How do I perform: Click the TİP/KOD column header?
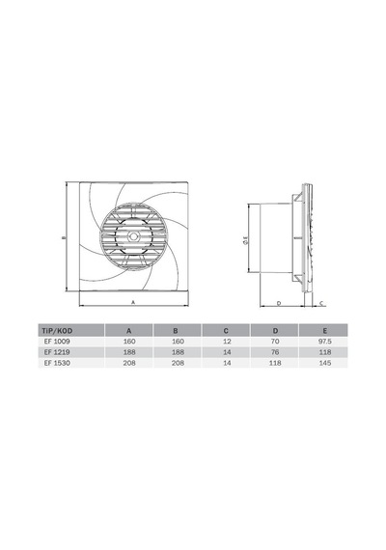tap(57, 330)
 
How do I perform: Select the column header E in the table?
tap(325, 330)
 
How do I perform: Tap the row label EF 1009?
tap(57, 342)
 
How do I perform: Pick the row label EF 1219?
tap(57, 352)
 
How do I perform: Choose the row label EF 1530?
tap(57, 363)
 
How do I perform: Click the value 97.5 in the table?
tap(324, 342)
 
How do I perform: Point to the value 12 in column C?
tap(227, 342)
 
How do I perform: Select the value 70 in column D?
tap(275, 342)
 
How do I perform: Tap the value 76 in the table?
tap(275, 352)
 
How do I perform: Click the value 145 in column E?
tap(325, 363)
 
